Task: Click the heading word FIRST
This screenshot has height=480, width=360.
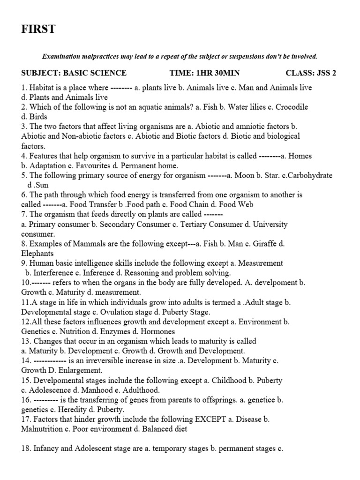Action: [38, 29]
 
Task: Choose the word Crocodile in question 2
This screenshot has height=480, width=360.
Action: [291, 107]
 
